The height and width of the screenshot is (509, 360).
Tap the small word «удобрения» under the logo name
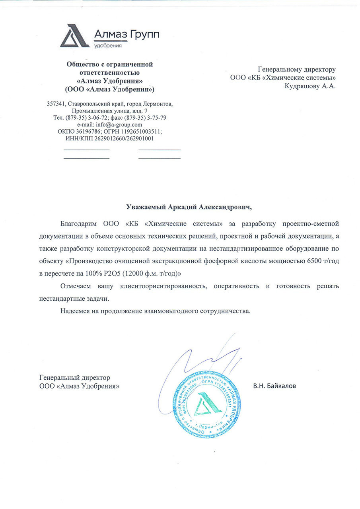(107, 46)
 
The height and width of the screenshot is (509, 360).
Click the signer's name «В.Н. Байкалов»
(275, 386)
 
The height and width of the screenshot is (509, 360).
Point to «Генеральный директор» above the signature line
(75, 377)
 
